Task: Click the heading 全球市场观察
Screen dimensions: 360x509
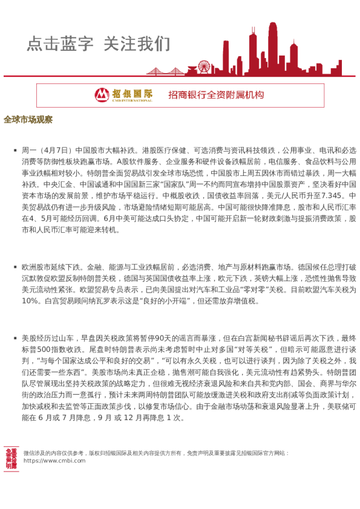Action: coord(28,119)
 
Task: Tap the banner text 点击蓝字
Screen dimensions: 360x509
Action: coord(60,44)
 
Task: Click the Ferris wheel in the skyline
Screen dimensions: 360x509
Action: coord(204,66)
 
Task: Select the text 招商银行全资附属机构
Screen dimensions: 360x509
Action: coord(216,95)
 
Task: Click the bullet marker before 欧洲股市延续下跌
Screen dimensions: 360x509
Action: coord(16,266)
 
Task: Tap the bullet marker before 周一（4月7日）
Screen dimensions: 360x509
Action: coord(16,150)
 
